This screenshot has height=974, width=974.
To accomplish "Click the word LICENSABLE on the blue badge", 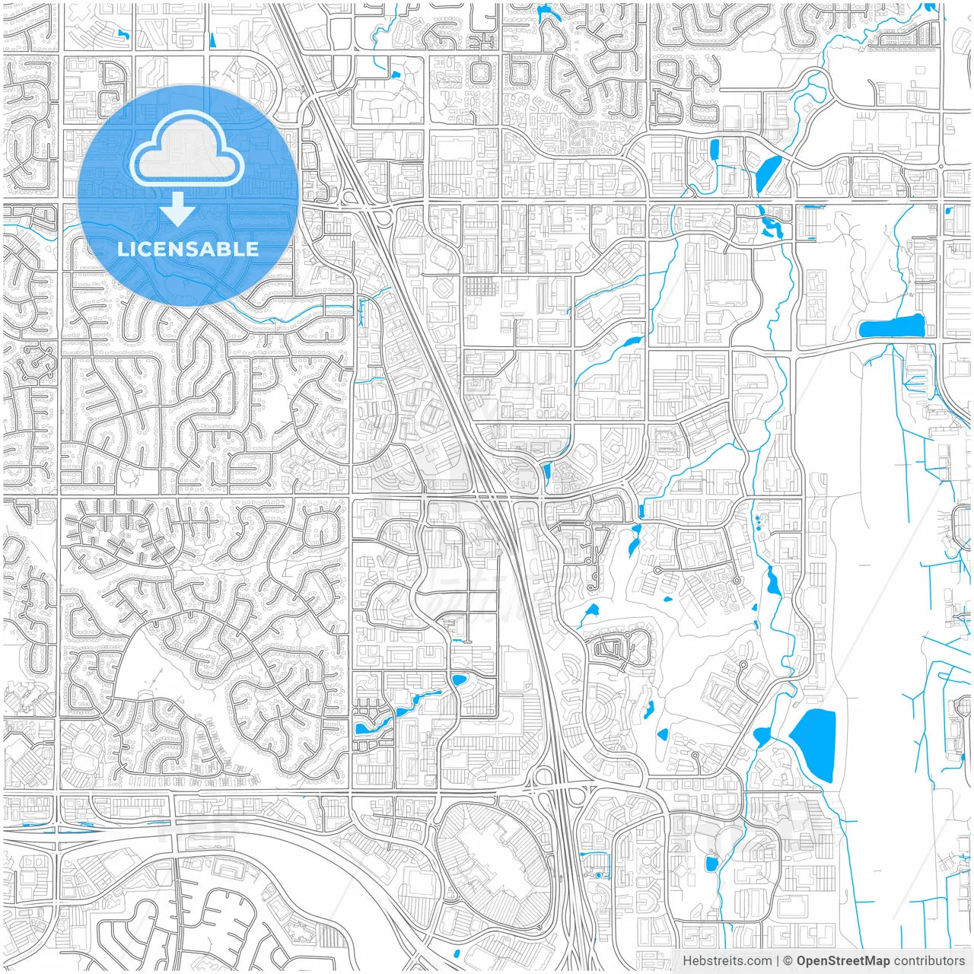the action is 187,249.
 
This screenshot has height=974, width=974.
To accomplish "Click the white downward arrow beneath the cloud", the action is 178,210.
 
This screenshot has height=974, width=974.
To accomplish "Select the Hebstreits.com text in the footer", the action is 727,961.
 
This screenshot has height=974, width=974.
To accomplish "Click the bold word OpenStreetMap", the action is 842,961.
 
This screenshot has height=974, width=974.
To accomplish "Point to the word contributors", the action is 928,961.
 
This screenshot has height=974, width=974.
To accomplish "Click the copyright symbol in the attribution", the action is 788,961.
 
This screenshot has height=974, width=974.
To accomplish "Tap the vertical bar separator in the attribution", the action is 777,961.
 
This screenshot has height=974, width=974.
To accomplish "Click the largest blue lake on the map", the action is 814,744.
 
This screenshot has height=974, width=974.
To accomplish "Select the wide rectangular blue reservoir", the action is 891,327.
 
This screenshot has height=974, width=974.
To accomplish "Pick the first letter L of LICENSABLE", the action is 122,249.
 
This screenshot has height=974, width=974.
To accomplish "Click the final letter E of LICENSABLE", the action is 253,249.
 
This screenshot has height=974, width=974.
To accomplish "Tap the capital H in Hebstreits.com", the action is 687,961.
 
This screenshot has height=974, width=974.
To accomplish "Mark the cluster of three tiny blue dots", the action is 757,521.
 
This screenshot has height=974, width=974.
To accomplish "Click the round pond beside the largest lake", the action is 761,736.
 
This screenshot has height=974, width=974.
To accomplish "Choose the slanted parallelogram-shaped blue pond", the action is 769,172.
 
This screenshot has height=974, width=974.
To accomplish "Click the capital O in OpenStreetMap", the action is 802,961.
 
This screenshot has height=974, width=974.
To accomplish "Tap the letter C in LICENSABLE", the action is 145,249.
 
